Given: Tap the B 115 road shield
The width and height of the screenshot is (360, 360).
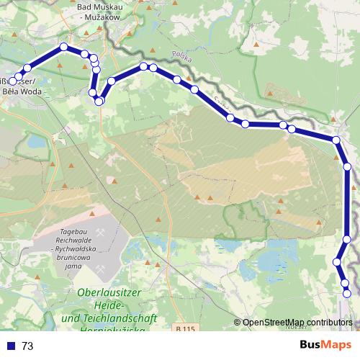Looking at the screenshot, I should pos(185,329).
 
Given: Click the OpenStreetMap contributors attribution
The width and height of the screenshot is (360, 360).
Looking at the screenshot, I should pos(297,323).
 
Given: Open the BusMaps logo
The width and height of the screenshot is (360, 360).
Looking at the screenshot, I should pos(325,346).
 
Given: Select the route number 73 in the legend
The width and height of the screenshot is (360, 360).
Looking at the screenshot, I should pos(27,346).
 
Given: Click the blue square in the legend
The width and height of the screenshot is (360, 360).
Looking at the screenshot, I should pos(11,346).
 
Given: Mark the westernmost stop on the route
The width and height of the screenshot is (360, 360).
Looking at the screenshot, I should pos(12,81).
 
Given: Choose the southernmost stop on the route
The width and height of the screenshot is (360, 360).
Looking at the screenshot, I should pos(347,293).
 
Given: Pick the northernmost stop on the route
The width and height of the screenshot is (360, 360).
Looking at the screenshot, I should pos(63,47).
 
